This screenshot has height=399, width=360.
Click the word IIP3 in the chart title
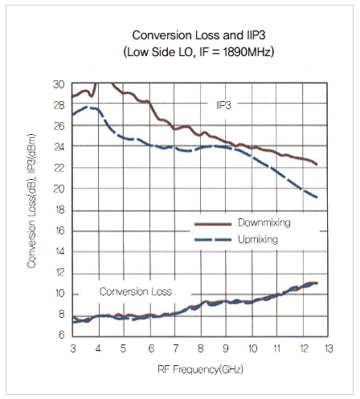click(255, 35)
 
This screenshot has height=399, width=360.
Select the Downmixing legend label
click(264, 222)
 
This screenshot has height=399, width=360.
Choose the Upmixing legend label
click(258, 239)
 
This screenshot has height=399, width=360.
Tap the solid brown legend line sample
click(213, 224)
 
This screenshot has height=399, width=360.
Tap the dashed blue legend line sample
click(213, 240)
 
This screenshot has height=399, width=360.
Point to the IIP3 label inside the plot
click(223, 105)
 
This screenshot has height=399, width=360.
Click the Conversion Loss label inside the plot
click(136, 291)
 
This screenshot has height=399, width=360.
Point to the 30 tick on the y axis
click(59, 84)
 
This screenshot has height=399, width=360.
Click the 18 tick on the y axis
click(59, 210)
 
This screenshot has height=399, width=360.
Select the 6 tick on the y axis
click(62, 335)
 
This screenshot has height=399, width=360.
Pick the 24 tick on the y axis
click(59, 147)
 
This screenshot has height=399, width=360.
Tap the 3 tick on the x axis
click(73, 348)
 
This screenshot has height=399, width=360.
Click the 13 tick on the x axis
click(329, 348)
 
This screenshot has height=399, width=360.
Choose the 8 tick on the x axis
click(200, 348)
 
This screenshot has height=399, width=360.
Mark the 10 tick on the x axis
click(252, 348)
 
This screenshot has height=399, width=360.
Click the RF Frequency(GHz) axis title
click(200, 369)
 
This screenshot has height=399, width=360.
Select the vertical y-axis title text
click(31, 201)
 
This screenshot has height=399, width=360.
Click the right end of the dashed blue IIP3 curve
click(317, 197)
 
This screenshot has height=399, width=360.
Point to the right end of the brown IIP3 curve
click(317, 165)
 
